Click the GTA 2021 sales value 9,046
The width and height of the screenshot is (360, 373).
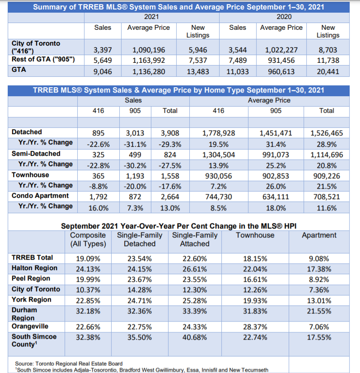(103, 71)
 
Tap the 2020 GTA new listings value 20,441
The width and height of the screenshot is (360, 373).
(327, 71)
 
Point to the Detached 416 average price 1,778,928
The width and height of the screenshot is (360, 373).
(218, 133)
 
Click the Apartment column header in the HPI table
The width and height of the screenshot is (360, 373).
(319, 235)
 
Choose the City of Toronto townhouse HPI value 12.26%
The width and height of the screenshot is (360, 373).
(255, 289)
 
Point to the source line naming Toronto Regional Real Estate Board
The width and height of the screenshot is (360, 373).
(69, 363)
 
